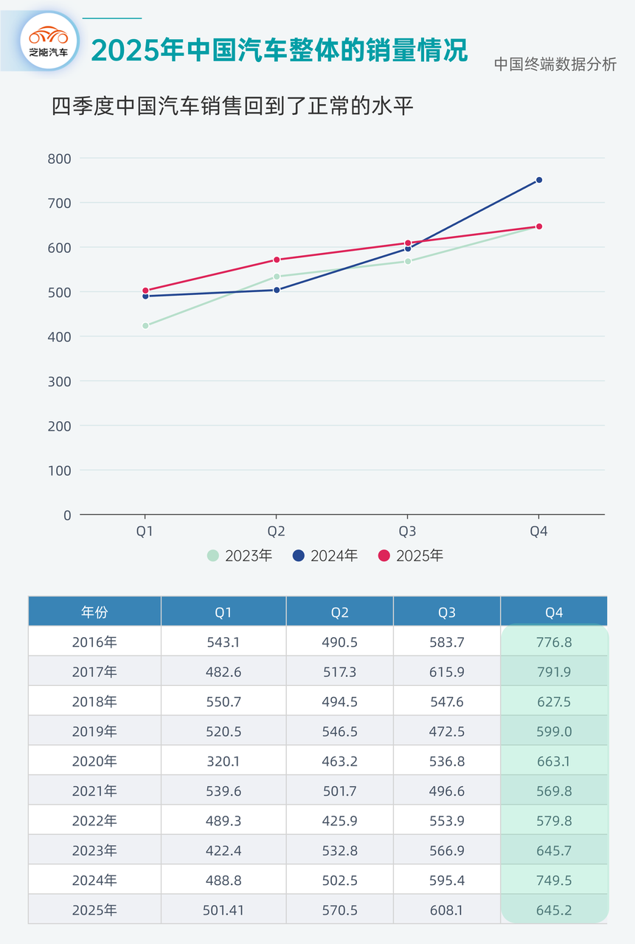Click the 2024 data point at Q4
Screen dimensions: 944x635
(x=539, y=180)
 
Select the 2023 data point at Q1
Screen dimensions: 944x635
(x=145, y=325)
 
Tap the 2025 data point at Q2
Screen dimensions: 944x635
(x=277, y=260)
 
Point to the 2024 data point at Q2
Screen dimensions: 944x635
(x=277, y=290)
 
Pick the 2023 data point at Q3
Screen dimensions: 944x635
(x=408, y=261)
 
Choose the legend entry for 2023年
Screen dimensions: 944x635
(x=240, y=555)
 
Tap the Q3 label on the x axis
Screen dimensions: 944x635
(x=408, y=531)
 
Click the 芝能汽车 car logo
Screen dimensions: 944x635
(x=49, y=41)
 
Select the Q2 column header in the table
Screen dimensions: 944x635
(x=340, y=612)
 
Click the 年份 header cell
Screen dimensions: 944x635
(x=94, y=612)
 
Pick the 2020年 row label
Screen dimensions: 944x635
(x=94, y=761)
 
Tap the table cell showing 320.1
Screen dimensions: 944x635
(x=223, y=761)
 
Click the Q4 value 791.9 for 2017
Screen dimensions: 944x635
(x=554, y=672)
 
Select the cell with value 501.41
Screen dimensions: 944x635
(x=223, y=910)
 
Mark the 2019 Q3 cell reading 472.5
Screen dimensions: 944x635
(x=447, y=732)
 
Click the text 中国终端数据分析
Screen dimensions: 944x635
(x=555, y=64)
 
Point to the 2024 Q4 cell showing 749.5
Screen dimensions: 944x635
(x=554, y=881)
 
